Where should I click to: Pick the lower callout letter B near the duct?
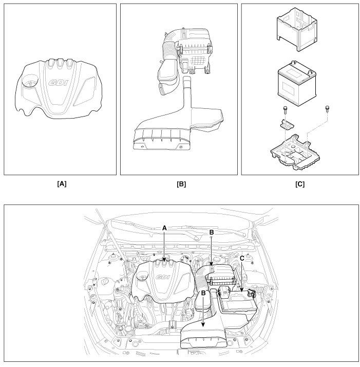(203, 294)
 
